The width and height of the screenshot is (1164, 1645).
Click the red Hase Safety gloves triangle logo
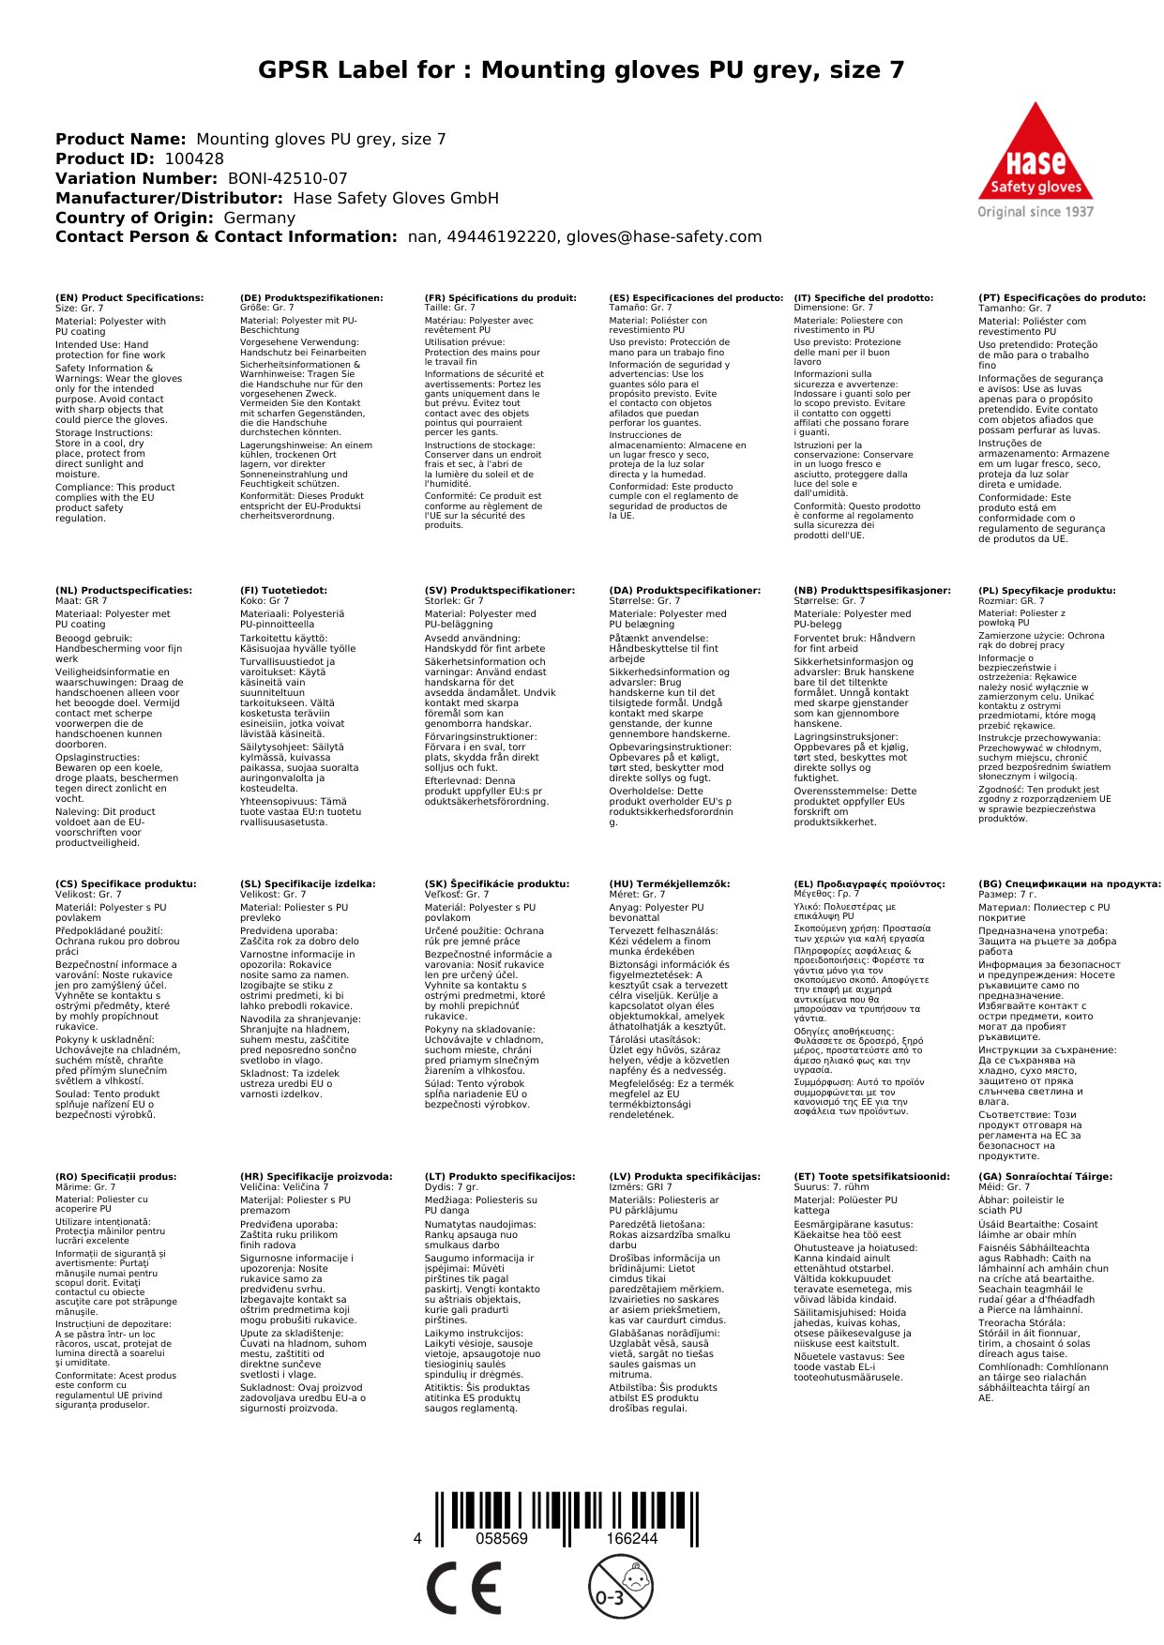pyautogui.click(x=1036, y=155)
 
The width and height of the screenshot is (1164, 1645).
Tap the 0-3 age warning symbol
pyautogui.click(x=620, y=1587)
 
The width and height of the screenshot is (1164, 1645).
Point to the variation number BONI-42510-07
pyautogui.click(x=287, y=179)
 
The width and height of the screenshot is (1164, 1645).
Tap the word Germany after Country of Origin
pyautogui.click(x=259, y=219)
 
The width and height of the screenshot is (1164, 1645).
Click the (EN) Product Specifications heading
pyautogui.click(x=129, y=298)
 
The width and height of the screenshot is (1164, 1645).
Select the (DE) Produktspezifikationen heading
pyautogui.click(x=311, y=298)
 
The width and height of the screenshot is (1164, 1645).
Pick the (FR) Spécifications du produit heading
pyautogui.click(x=500, y=298)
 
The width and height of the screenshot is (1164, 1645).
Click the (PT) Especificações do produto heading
pyautogui.click(x=1062, y=298)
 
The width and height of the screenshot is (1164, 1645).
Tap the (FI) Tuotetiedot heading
pyautogui.click(x=283, y=591)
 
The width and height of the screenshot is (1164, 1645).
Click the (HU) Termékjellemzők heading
pyautogui.click(x=669, y=883)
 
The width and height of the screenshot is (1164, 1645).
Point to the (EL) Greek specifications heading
pyautogui.click(x=869, y=883)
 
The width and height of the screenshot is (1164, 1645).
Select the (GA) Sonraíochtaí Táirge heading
pyautogui.click(x=1045, y=1176)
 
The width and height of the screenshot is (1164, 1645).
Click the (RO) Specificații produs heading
pyautogui.click(x=115, y=1176)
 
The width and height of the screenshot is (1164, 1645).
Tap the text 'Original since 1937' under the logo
pyautogui.click(x=1036, y=212)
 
